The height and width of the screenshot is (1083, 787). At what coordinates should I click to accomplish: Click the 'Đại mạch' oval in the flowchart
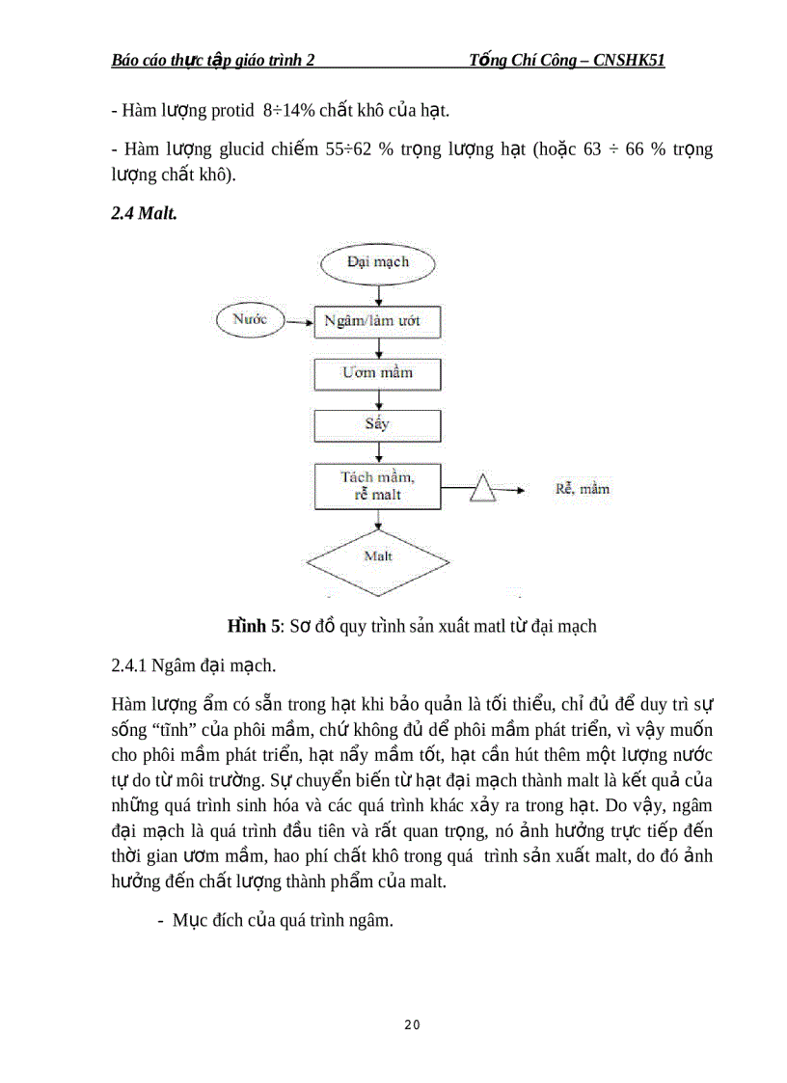[378, 262]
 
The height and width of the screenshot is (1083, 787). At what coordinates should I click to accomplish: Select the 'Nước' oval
[250, 319]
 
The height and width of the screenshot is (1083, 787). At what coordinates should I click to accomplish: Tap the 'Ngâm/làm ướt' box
[378, 321]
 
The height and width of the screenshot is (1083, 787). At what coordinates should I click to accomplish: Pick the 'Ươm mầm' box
[378, 373]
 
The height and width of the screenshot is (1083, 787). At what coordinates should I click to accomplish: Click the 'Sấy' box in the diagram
[378, 424]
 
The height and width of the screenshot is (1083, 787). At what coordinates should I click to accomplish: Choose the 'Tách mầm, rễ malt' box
[378, 486]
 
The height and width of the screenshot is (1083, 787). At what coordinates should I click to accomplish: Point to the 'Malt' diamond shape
[378, 557]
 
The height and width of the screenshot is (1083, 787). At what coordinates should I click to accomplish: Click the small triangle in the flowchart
[482, 489]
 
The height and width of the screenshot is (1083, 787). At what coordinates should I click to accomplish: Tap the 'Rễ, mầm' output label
[583, 489]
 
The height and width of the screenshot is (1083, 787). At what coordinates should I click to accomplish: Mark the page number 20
[412, 1024]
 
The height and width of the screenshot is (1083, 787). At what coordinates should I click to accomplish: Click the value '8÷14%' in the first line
[288, 111]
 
